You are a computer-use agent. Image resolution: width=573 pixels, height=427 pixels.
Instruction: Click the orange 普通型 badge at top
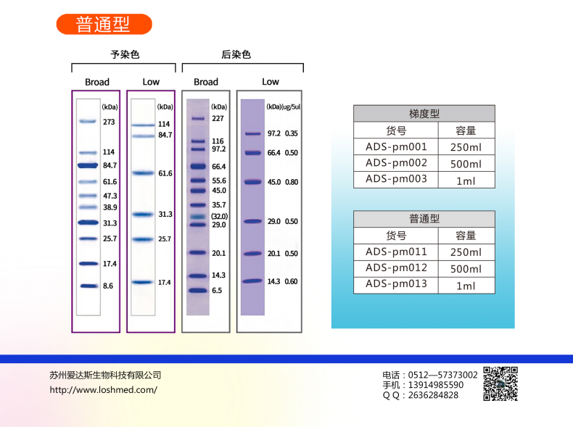104,24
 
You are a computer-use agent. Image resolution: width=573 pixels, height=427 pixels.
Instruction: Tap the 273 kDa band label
109,122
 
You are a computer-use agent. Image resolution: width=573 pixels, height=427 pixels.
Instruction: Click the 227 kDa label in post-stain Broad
218,118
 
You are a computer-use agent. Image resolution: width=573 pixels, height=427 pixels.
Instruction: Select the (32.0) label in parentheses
219,216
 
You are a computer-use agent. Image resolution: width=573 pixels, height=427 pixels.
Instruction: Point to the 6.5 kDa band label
217,290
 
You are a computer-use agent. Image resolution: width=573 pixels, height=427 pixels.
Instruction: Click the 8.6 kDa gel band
88,286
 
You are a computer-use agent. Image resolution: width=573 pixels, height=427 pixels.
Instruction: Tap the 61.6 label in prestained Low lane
165,173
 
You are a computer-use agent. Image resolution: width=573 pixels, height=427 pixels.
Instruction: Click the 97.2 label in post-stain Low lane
274,133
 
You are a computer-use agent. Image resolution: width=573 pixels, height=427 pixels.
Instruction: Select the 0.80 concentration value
292,182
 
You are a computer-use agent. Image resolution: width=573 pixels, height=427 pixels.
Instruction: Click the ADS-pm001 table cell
396,147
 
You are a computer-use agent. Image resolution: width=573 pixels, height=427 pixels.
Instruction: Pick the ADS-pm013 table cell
396,284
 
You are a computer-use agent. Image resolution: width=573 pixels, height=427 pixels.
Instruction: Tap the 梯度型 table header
424,113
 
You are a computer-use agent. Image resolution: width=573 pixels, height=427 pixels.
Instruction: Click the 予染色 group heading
124,54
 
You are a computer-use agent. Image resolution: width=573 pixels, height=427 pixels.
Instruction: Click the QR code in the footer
500,384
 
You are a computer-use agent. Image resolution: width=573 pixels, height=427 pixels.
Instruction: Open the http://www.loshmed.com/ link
103,389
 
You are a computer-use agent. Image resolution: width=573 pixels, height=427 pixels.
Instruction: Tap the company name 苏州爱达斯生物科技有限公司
105,375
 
